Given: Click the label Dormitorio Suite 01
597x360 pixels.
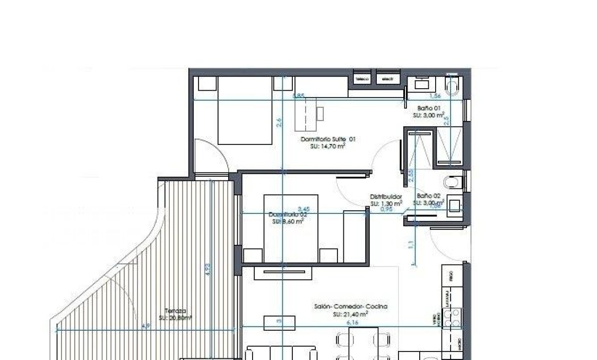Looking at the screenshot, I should pos(327,140).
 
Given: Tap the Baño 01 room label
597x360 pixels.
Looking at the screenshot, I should pos(429,108).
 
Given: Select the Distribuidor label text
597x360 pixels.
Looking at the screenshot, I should pos(386,197).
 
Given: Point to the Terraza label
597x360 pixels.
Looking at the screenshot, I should pos(175,311).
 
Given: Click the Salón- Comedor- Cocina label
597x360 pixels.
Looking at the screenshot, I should pos(350,307).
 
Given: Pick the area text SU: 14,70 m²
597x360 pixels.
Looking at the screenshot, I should pos(327,146).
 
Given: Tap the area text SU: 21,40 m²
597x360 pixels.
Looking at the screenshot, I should pos(350,314).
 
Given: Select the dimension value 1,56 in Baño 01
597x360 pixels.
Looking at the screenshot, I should pos(435,97).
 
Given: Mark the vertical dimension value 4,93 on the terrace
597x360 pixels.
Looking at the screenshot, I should pos(208,269).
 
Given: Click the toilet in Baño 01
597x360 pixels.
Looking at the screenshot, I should pos(453,87).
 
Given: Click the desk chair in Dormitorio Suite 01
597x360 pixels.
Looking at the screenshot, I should pos(320,113).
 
